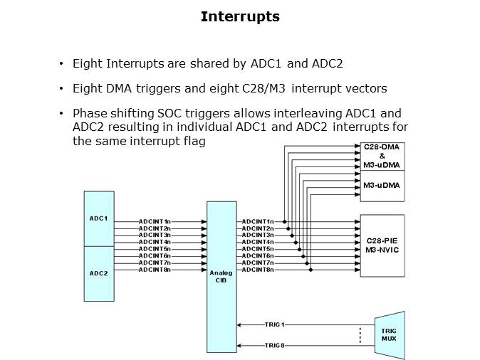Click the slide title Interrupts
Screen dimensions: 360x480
[x=240, y=16]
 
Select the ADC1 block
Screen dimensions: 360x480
[x=98, y=218]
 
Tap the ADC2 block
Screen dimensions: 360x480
[x=98, y=272]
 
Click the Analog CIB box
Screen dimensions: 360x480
[x=221, y=276]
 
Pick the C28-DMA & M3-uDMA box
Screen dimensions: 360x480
[x=382, y=156]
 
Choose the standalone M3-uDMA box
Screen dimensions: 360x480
[x=382, y=185]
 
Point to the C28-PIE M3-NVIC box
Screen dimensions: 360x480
[x=382, y=245]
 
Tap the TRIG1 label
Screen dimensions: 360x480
[x=274, y=325]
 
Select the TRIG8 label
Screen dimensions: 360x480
[x=274, y=346]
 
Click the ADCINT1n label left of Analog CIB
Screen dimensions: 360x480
[x=155, y=222]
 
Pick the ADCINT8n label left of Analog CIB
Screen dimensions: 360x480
[x=155, y=270]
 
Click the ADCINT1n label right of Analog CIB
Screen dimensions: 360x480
[x=258, y=222]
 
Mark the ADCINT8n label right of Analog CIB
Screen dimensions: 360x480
[x=258, y=270]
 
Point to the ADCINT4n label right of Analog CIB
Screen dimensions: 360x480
[x=258, y=243]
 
